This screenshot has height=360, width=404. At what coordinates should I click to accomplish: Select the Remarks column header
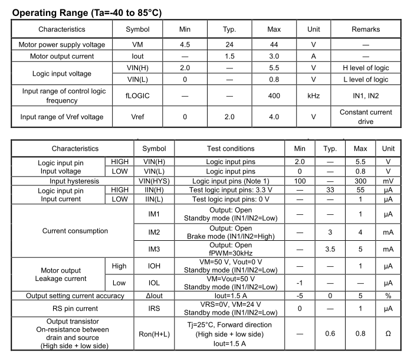coord(365,29)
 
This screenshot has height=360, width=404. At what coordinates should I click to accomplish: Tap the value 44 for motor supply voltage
coord(274,44)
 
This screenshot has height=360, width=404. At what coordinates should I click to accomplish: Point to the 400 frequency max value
coord(274,96)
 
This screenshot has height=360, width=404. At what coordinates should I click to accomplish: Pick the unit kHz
coord(313,96)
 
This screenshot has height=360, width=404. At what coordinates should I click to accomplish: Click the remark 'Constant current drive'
coord(365,116)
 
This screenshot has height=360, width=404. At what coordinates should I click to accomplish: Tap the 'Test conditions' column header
coord(231,148)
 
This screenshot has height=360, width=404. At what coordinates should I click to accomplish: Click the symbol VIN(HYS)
coord(154,181)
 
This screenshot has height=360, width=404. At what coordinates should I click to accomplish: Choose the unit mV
coord(387,181)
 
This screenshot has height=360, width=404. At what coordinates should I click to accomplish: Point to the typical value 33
coord(330,191)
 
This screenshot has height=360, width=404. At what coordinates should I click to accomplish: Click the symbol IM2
coord(154,231)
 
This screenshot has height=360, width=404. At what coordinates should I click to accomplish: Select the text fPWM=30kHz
coord(231,253)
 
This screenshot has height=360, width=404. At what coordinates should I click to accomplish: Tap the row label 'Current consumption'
coord(75,231)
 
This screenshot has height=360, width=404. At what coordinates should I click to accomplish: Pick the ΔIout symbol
coord(154,296)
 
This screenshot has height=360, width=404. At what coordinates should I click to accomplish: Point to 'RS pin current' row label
coord(75,307)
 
